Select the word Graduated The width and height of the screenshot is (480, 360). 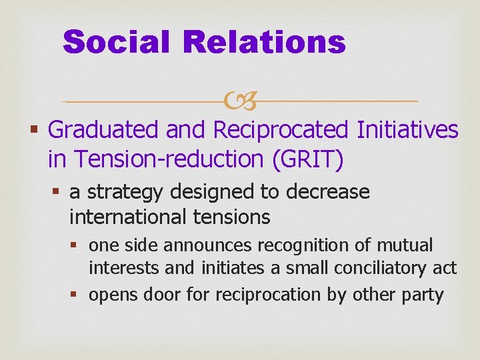pos(105,131)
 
